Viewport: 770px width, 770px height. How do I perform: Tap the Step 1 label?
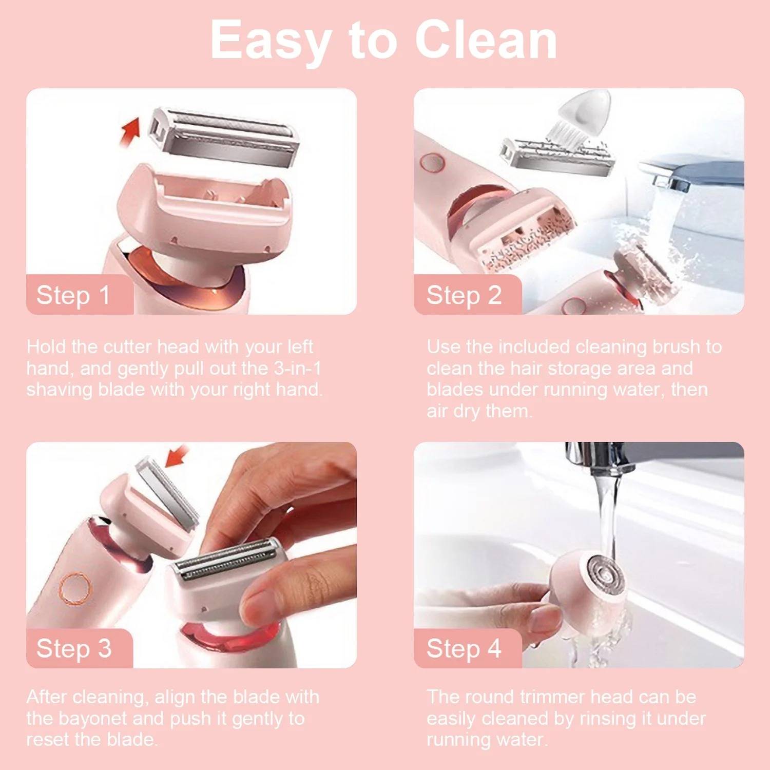pyautogui.click(x=73, y=295)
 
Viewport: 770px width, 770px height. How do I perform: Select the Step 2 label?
pyautogui.click(x=464, y=295)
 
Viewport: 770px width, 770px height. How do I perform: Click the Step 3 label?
pyautogui.click(x=74, y=648)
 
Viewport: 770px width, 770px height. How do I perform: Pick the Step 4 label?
pyautogui.click(x=464, y=648)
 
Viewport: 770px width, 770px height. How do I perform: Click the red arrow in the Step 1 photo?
pyautogui.click(x=130, y=131)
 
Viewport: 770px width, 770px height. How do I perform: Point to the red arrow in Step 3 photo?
pyautogui.click(x=176, y=456)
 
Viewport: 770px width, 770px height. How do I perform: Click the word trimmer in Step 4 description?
pyautogui.click(x=552, y=697)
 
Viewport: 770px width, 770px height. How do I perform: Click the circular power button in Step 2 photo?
pyautogui.click(x=432, y=162)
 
